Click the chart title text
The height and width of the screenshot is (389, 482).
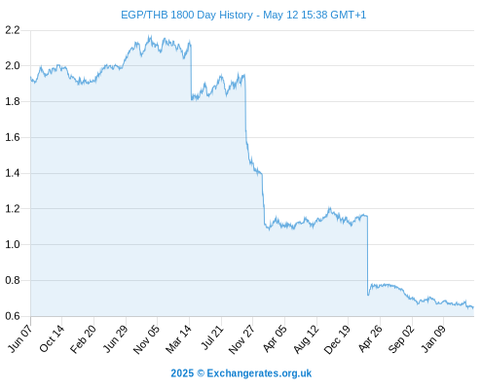tap(243, 15)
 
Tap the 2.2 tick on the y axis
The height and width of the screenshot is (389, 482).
tap(13, 30)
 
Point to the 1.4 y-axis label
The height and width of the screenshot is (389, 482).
tap(13, 173)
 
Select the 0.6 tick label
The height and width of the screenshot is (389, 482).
tap(13, 316)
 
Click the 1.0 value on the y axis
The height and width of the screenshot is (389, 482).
tap(13, 244)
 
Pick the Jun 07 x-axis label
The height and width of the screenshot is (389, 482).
tap(20, 338)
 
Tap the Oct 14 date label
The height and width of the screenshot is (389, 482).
tap(52, 338)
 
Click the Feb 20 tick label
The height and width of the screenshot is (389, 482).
tap(84, 338)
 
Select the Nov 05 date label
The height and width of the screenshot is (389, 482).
tap(147, 339)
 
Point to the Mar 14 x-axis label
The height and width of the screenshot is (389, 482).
tap(179, 339)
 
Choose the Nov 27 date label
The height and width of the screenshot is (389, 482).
tap(241, 339)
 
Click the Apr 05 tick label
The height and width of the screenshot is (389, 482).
tap(275, 338)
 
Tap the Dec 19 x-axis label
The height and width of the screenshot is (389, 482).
tap(337, 339)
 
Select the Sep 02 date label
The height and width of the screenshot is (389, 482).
tap(401, 338)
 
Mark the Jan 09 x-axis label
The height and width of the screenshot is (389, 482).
tap(433, 338)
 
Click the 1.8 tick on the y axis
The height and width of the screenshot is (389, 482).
tap(13, 102)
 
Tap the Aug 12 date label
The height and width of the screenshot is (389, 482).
tap(306, 339)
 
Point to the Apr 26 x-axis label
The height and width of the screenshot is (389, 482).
tap(370, 338)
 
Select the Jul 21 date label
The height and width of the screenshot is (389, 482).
tap(212, 337)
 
